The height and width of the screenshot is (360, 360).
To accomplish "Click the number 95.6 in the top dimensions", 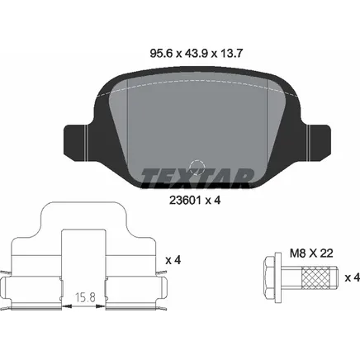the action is pyautogui.click(x=161, y=54).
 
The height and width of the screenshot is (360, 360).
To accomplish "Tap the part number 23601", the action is pyautogui.click(x=185, y=201).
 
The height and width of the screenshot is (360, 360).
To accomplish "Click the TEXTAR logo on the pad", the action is pyautogui.click(x=197, y=178).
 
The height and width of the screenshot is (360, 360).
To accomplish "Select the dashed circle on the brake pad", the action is pyautogui.click(x=197, y=168).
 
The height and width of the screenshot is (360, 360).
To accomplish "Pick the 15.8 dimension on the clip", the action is pyautogui.click(x=85, y=297).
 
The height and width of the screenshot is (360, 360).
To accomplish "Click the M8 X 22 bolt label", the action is pyautogui.click(x=311, y=253).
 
